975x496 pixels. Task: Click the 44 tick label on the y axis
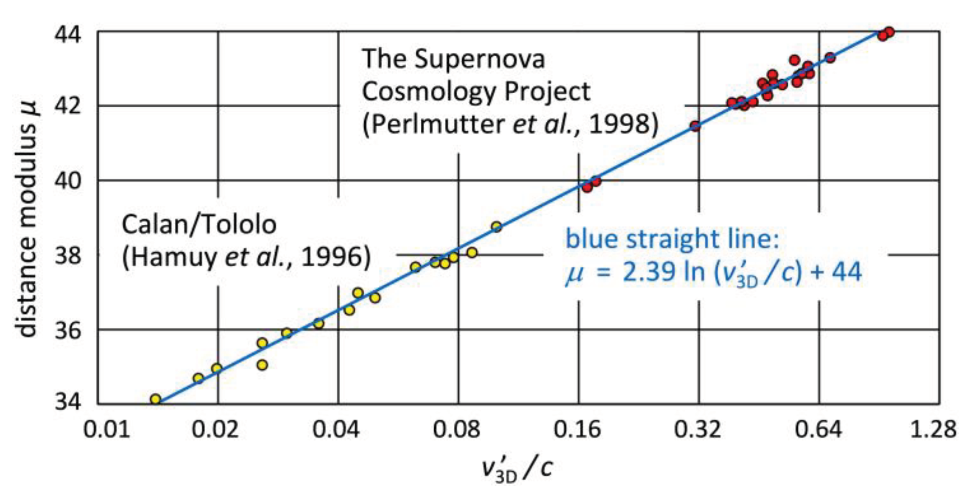pos(67,34)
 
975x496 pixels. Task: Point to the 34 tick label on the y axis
pos(67,401)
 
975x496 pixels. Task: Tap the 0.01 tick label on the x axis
pos(106,429)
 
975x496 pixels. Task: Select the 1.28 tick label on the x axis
pos(933,429)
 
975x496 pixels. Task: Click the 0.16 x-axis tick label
pos(577,429)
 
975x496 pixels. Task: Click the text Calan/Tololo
pos(199,224)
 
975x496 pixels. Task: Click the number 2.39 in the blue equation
pos(648,271)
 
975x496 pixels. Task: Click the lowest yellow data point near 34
pos(156,399)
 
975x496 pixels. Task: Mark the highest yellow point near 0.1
pos(497,227)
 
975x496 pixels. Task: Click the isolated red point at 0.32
pos(695,126)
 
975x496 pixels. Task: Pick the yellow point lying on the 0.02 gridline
pos(217,368)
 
